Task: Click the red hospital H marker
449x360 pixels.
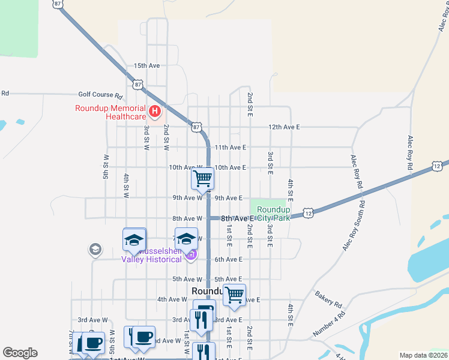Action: (155, 111)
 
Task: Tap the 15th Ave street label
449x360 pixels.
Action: (146, 65)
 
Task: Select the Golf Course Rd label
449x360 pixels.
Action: (100, 95)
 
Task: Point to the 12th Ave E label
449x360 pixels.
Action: (284, 127)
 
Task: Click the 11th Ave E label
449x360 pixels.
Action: (231, 147)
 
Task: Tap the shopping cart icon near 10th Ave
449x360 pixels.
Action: (203, 178)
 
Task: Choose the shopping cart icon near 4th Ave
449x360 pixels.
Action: (234, 295)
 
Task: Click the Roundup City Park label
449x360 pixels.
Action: (273, 214)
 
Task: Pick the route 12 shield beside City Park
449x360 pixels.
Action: (308, 212)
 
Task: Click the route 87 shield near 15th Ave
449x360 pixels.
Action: (138, 85)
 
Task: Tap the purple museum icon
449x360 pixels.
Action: (191, 256)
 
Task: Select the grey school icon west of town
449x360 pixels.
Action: (95, 248)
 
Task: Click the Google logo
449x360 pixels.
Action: (20, 353)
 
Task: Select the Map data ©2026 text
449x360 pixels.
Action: (423, 355)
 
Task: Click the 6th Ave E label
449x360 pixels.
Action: (228, 259)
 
